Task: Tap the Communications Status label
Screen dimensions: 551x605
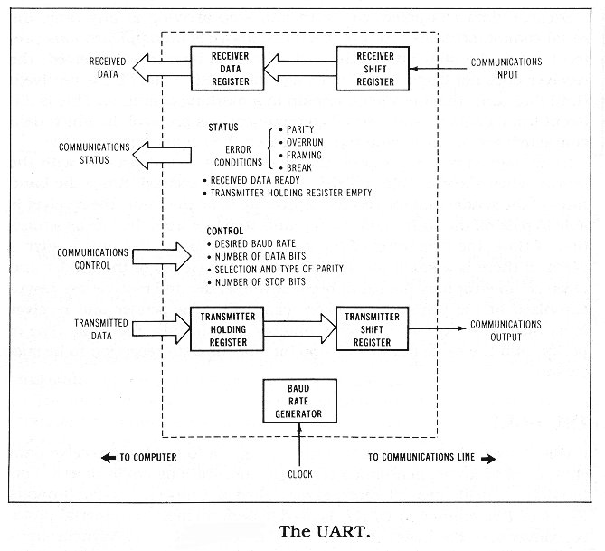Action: [94, 153]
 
